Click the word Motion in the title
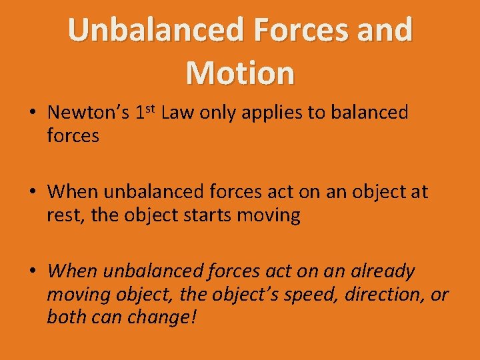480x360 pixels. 240,72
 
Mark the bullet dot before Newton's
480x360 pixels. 31,113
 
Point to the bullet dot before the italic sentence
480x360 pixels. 31,271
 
